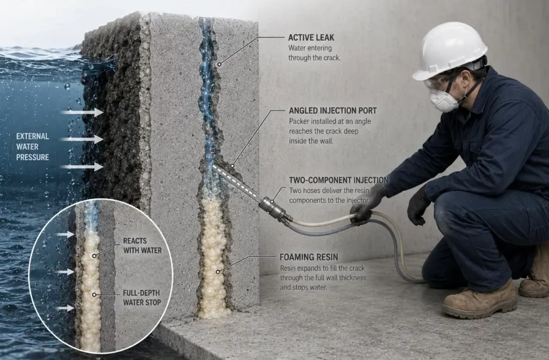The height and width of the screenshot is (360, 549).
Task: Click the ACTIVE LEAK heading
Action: [x=311, y=37]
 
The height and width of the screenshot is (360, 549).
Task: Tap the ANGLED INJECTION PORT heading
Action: [x=332, y=110]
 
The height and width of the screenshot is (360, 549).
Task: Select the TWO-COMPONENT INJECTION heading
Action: [x=338, y=180]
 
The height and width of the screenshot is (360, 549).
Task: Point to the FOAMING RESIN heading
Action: [x=308, y=257]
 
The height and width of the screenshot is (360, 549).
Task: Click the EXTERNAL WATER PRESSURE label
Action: [x=33, y=147]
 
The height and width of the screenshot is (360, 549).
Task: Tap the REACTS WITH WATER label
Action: [x=142, y=245]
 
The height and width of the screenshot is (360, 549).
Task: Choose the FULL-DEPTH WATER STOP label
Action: [x=142, y=297]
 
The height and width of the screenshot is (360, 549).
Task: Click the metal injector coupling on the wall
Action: [x=275, y=209]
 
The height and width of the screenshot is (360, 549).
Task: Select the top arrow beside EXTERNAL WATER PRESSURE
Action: [x=81, y=112]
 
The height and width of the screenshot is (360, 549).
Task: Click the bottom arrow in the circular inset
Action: [x=66, y=308]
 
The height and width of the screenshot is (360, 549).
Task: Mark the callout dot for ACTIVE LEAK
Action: [x=219, y=64]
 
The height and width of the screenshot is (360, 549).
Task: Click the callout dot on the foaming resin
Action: [x=218, y=272]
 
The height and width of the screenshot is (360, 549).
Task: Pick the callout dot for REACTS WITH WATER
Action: [x=94, y=256]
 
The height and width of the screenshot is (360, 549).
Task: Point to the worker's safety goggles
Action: [x=437, y=83]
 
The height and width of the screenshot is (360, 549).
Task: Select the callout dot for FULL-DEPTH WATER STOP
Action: [x=94, y=295]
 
